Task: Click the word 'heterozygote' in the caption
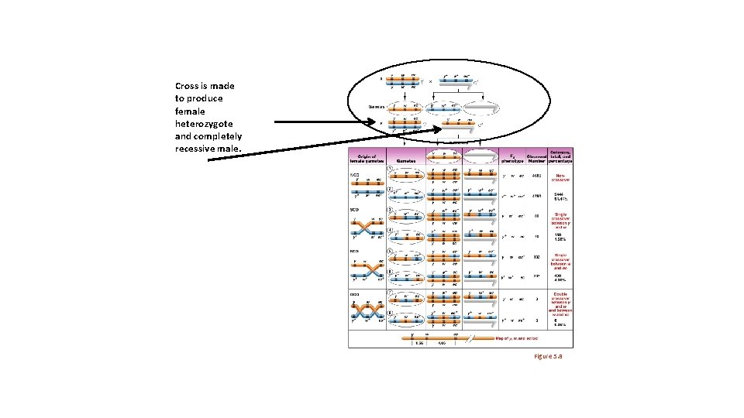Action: pos(204,123)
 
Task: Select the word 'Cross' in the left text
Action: pos(188,86)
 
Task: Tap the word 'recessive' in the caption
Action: pos(197,148)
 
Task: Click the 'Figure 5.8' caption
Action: pos(547,355)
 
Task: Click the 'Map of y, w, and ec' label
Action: pos(518,338)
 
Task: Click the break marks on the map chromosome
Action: pos(464,338)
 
